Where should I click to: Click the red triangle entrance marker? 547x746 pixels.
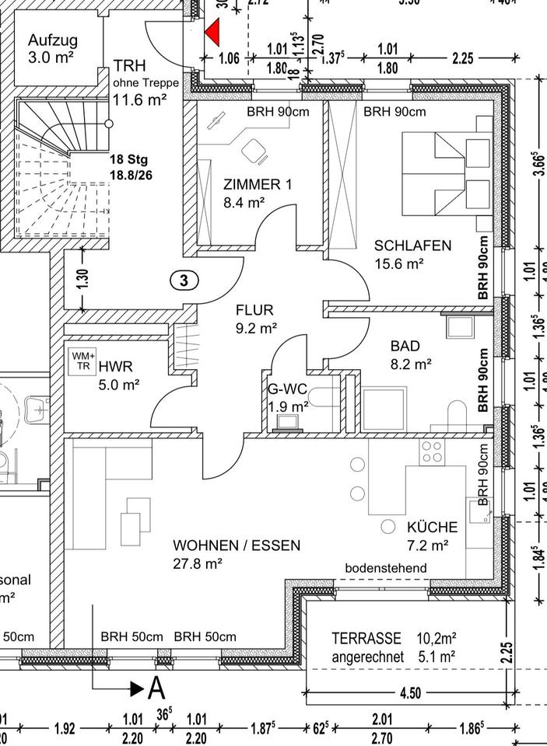[x=212, y=33]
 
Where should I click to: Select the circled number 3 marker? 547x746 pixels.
[x=184, y=281]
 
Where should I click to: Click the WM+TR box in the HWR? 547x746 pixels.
[x=82, y=362]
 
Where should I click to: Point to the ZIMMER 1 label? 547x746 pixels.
[x=257, y=185]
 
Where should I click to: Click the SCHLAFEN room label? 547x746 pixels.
[x=412, y=246]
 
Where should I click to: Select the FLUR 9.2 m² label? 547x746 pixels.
[x=256, y=319]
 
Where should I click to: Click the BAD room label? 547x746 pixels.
[x=405, y=346]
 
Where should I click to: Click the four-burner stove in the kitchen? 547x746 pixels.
[x=432, y=452]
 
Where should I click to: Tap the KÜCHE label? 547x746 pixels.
[x=432, y=528]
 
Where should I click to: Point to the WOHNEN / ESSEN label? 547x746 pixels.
[x=236, y=546]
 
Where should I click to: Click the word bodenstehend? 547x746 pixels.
[x=386, y=569]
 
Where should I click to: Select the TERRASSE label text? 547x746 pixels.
[x=366, y=639]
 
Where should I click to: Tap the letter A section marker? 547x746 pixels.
[x=157, y=688]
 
